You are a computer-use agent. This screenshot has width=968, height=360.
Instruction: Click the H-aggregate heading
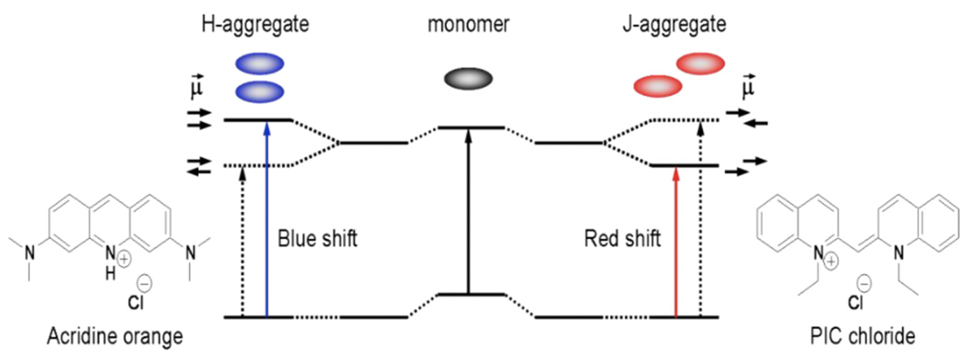(255, 25)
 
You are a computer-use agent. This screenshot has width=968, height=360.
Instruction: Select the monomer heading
(468, 25)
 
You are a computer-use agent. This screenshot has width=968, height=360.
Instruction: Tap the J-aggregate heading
(674, 25)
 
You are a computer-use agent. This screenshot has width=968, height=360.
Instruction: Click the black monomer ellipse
(468, 79)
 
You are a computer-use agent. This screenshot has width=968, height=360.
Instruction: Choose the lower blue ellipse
(260, 92)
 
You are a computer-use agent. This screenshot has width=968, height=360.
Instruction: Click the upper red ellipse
(701, 64)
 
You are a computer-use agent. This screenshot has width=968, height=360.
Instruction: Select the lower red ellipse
(658, 87)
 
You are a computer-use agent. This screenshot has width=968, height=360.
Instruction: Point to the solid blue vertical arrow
(267, 218)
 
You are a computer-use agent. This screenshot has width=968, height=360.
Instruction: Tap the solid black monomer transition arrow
(468, 211)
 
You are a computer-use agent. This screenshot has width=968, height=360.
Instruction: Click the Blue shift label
(317, 239)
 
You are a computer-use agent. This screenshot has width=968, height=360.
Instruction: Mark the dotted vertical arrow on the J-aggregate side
(700, 218)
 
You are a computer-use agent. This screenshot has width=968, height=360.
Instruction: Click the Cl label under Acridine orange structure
(136, 302)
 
